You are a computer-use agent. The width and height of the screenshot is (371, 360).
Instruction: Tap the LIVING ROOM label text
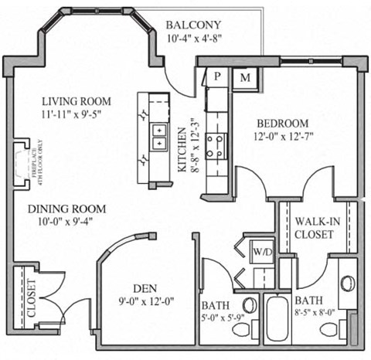77,101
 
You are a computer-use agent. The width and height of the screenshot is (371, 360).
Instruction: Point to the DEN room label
145,282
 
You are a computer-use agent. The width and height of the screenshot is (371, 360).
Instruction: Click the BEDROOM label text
283,123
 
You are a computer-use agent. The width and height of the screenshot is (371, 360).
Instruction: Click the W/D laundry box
259,252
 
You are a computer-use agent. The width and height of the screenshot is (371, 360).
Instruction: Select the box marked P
217,77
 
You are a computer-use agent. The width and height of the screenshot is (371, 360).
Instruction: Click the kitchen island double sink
159,137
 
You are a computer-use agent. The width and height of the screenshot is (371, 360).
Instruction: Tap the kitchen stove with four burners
216,144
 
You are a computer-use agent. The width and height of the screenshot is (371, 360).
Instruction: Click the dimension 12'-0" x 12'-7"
283,137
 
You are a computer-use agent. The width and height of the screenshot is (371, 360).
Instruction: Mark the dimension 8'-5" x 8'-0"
315,314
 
